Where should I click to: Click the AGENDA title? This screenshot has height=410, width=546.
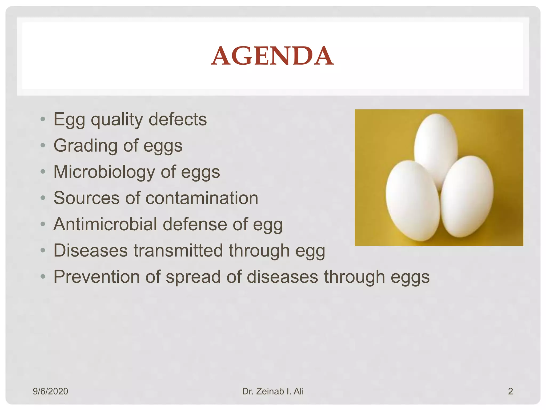(272, 56)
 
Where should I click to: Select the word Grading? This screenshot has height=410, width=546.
(85, 146)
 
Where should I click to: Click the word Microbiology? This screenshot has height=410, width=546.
(104, 172)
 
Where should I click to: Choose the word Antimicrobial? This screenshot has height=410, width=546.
(105, 224)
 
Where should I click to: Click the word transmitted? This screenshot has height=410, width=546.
(178, 251)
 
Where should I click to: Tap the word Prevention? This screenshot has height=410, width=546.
(97, 277)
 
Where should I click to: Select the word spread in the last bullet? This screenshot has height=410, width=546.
(193, 277)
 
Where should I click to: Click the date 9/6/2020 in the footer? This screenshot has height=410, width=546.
(50, 391)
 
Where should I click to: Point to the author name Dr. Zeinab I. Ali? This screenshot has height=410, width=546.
(273, 391)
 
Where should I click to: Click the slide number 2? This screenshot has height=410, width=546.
(510, 391)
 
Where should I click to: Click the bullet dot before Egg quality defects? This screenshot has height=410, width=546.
(43, 119)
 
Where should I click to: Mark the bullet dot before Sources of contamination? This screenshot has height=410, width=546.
(43, 198)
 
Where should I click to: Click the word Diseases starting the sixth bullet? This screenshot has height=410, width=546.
(91, 251)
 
